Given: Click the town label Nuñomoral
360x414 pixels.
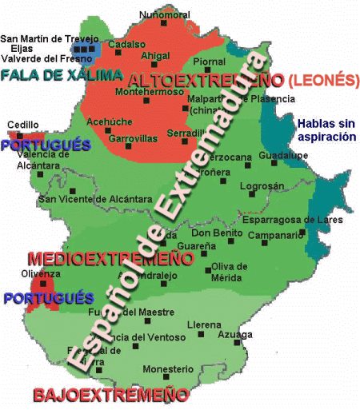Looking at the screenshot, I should click(164, 14).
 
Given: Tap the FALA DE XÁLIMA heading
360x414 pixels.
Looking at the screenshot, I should click(62, 75).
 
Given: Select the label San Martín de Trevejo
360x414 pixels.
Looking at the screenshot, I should click(50, 38).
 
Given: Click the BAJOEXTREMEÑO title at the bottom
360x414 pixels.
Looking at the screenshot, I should click(110, 395).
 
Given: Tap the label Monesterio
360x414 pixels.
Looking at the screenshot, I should click(168, 369).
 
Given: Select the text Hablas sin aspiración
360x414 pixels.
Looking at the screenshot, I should click(325, 130).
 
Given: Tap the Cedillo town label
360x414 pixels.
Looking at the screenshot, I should click(22, 125).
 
